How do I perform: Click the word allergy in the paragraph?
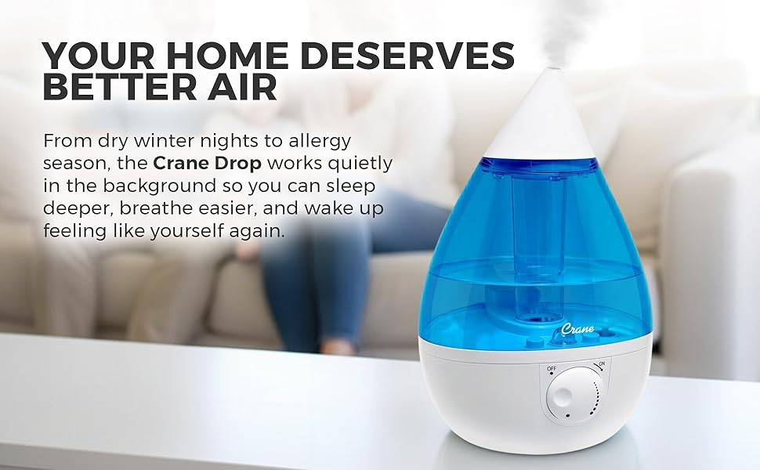pyautogui.click(x=314, y=142)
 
